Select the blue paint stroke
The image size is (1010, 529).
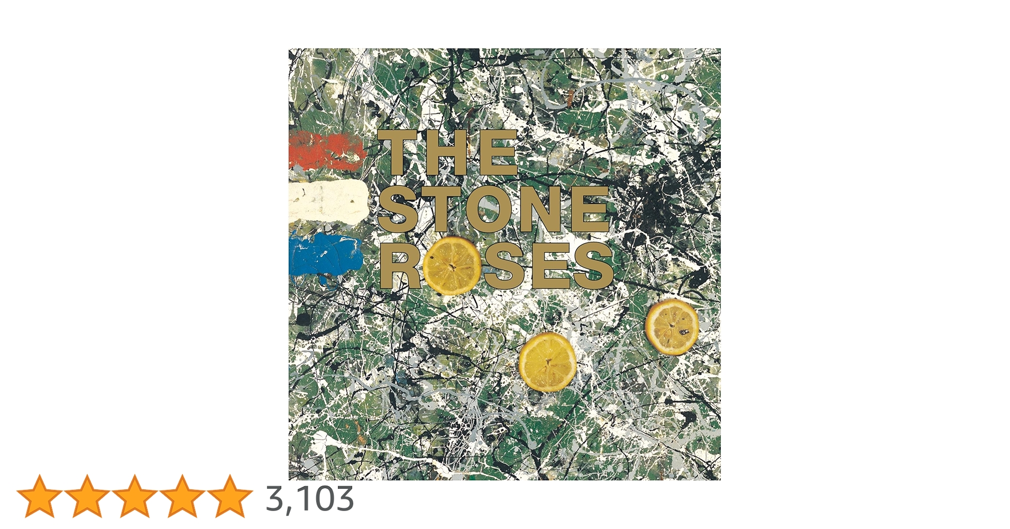click(x=325, y=255)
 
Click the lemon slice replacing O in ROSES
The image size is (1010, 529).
click(x=452, y=265)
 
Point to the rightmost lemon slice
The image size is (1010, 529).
click(x=672, y=326)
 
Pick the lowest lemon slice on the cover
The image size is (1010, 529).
click(x=547, y=362)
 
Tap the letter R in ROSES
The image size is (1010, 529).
click(x=400, y=266)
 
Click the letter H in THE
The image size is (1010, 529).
click(x=447, y=153)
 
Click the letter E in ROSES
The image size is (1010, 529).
click(x=550, y=266)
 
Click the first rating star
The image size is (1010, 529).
click(x=40, y=496)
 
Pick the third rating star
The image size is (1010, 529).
click(x=135, y=496)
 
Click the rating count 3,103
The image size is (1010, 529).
click(x=310, y=498)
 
